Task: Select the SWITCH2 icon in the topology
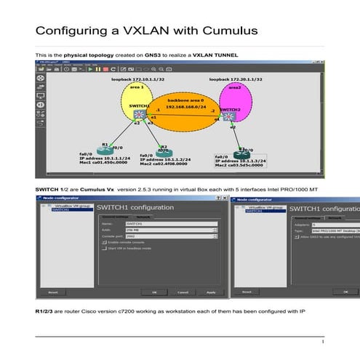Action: coord(230,116)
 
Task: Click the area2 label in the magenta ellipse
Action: coord(235,87)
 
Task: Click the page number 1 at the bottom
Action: coord(321,341)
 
